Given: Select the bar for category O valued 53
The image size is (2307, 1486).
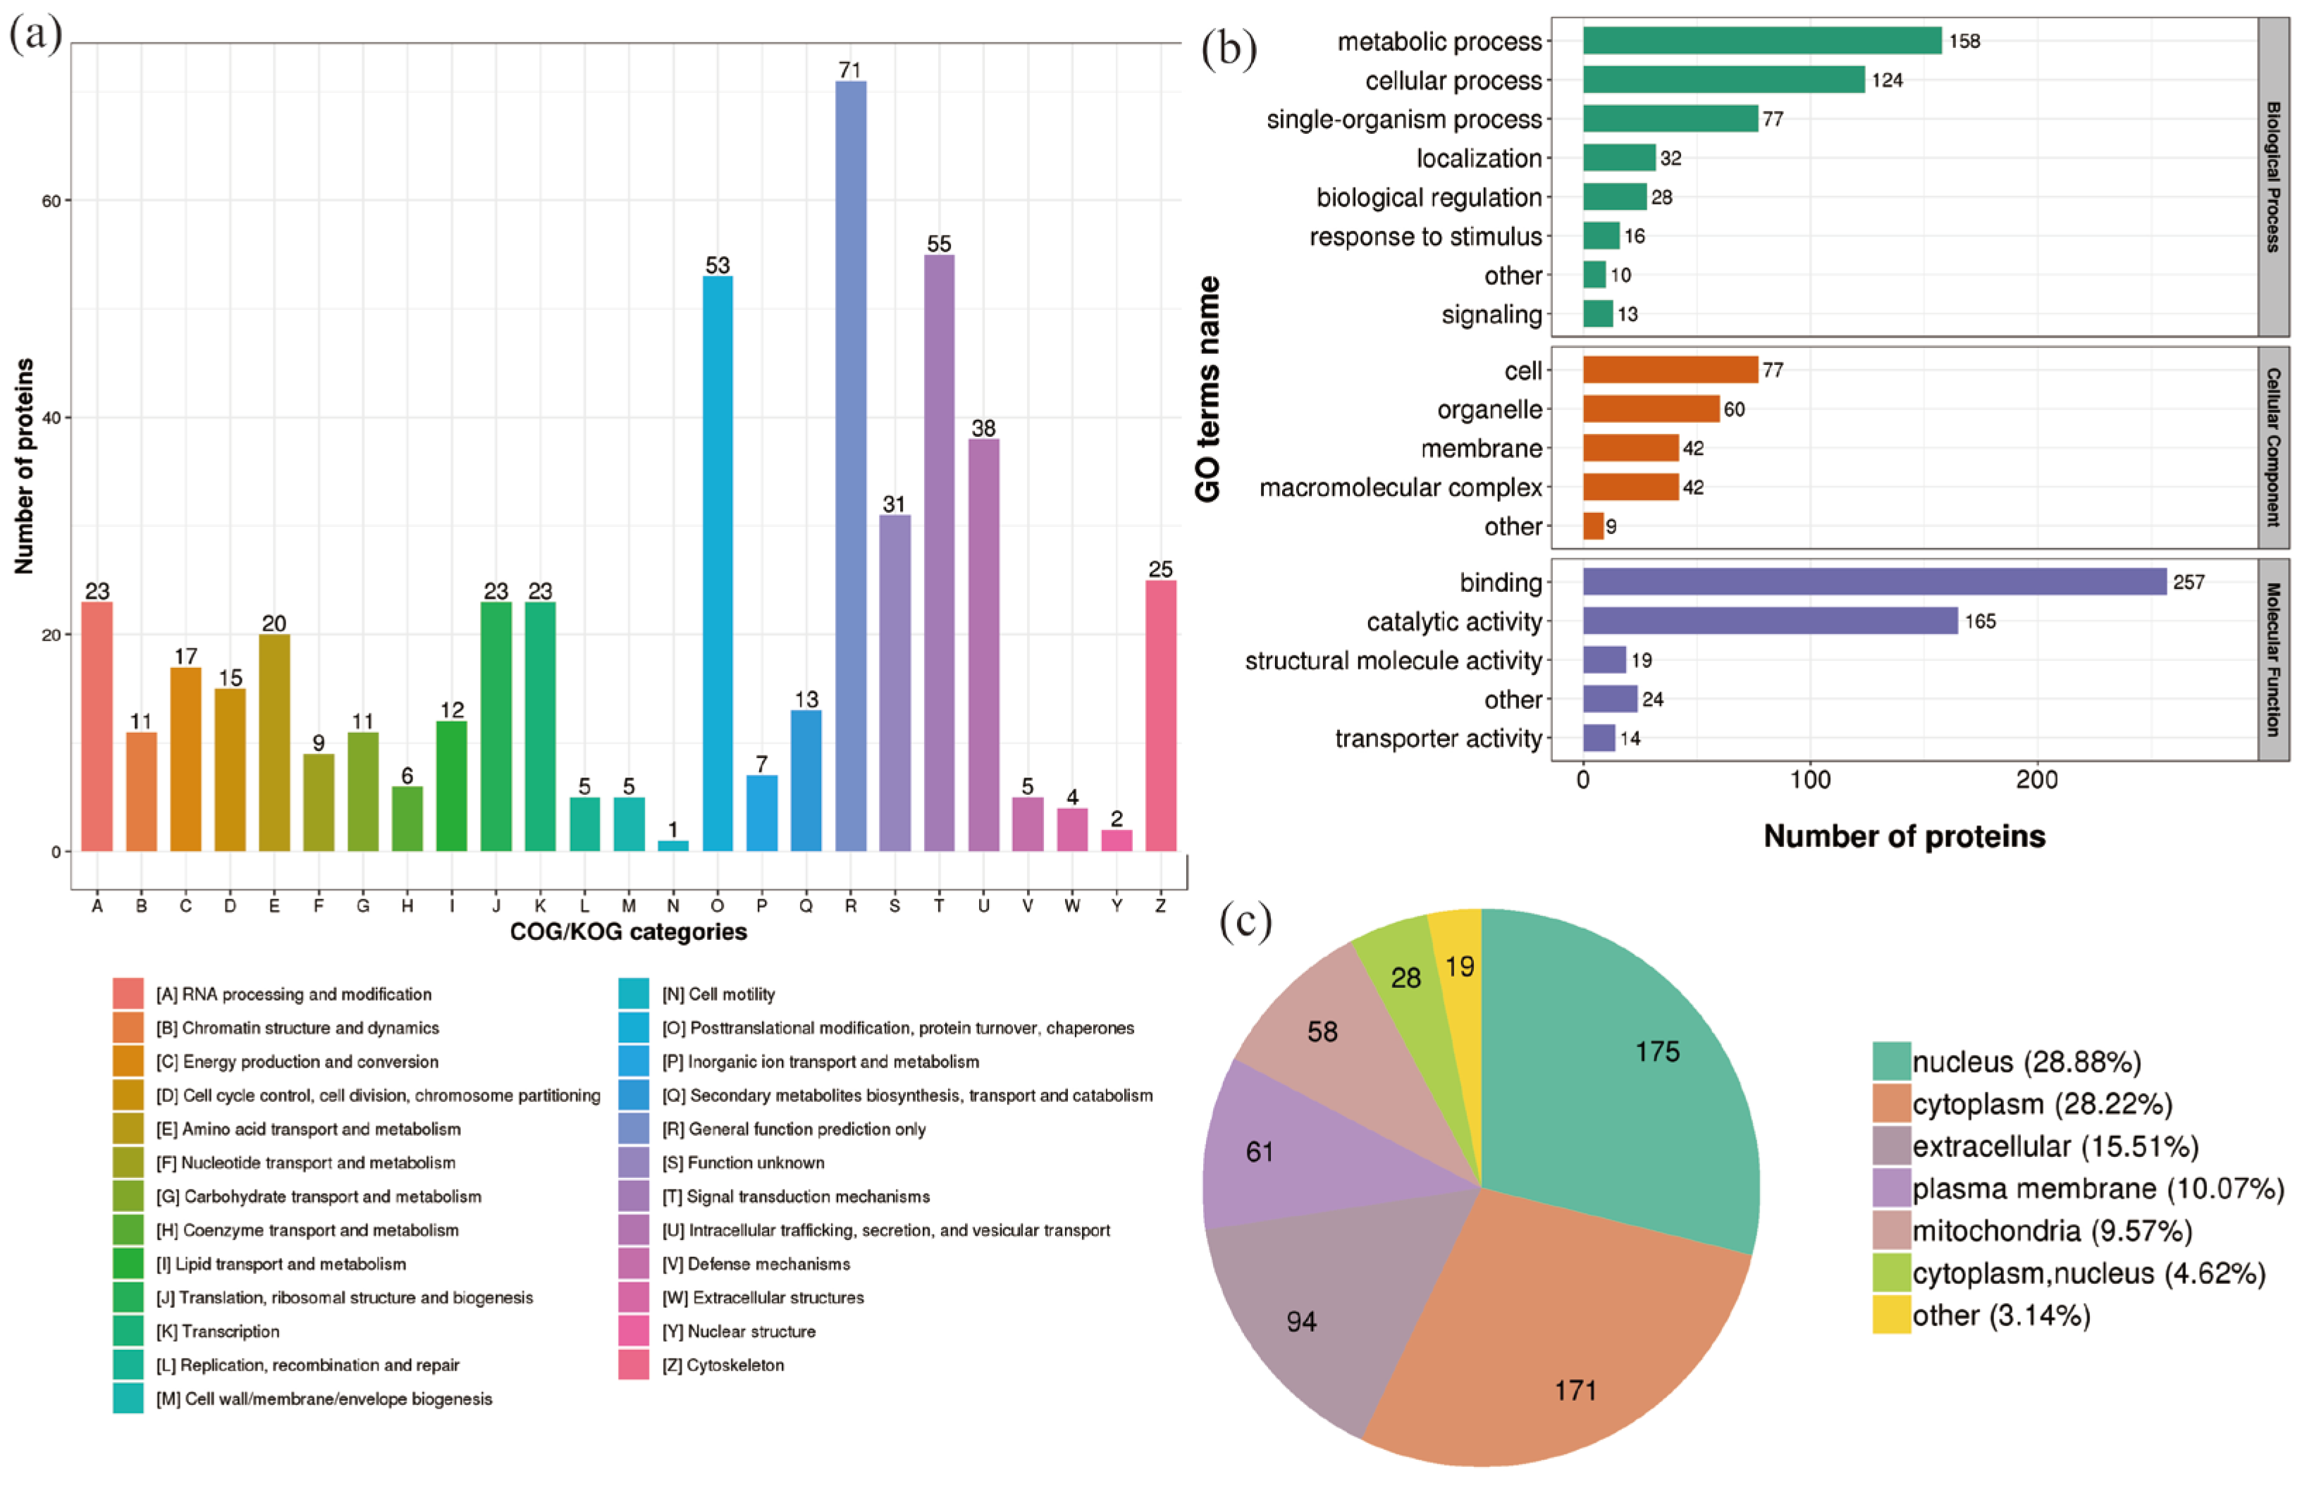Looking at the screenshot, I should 718,564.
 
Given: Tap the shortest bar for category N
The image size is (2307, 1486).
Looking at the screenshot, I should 673,846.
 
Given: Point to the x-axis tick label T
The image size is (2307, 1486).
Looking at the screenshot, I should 939,906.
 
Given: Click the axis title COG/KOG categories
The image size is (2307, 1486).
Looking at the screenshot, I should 629,932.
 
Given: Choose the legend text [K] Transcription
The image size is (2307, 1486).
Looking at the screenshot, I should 218,1332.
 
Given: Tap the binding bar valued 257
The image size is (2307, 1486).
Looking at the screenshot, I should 1874,582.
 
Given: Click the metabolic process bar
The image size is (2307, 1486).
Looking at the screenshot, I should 1761,41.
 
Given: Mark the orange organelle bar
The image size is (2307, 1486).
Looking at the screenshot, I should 1651,409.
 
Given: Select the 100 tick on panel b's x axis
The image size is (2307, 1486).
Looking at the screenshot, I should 1810,781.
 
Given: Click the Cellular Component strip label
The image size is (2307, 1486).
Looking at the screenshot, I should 2273,447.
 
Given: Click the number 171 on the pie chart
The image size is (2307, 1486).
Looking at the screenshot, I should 1575,1390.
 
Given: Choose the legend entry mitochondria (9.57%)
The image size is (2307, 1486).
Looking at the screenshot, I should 2051,1231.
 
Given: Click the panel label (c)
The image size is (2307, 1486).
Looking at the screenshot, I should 1245,922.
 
